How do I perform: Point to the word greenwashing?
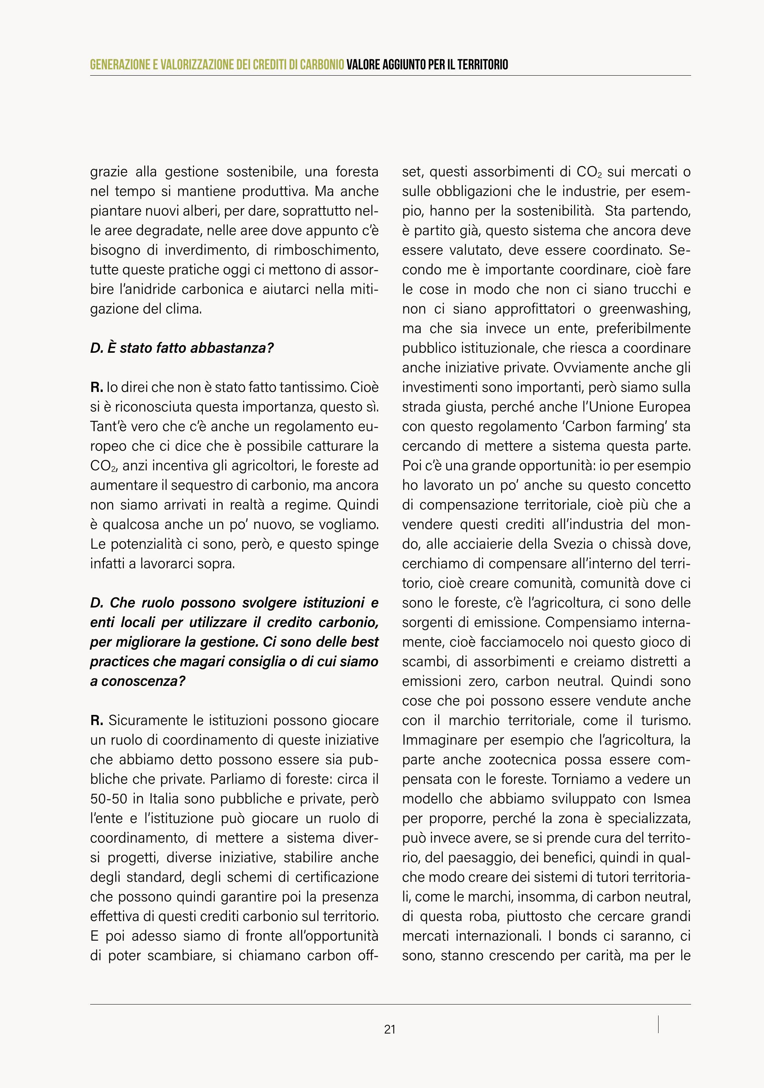pos(644,309)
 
